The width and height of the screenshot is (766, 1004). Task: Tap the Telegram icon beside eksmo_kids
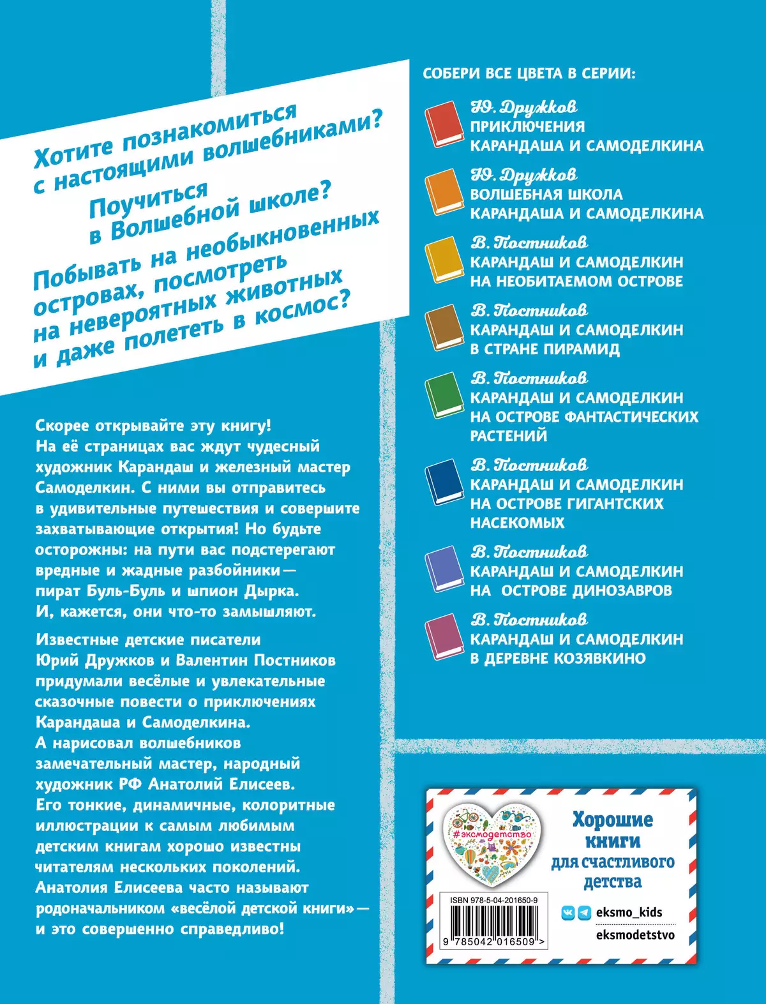tap(583, 913)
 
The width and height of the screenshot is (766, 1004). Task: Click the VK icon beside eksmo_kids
tap(567, 913)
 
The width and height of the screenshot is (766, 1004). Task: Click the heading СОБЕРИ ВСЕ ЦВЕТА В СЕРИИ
tap(529, 73)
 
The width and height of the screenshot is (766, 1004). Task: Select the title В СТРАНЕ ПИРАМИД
tap(544, 349)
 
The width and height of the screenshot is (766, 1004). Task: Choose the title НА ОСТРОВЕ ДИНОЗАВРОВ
tap(571, 590)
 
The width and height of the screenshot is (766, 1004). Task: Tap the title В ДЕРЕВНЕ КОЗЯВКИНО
tap(558, 658)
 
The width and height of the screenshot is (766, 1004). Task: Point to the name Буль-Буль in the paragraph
tap(128, 590)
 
